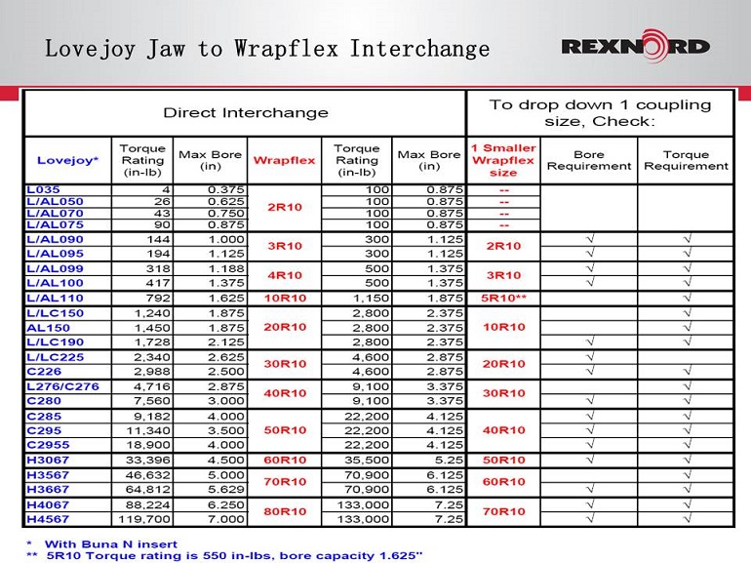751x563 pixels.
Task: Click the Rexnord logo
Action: point(635,47)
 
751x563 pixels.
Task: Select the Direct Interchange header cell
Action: point(245,113)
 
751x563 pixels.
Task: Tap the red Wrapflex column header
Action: point(284,160)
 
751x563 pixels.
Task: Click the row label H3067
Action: point(50,460)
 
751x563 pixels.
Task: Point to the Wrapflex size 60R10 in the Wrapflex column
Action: point(284,460)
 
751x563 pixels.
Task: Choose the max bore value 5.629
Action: point(224,489)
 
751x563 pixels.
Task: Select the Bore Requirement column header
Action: point(588,160)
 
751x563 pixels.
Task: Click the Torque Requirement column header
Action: point(686,160)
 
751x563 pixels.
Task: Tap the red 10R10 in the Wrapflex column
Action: point(284,298)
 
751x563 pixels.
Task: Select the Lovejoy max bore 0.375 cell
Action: point(224,188)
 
